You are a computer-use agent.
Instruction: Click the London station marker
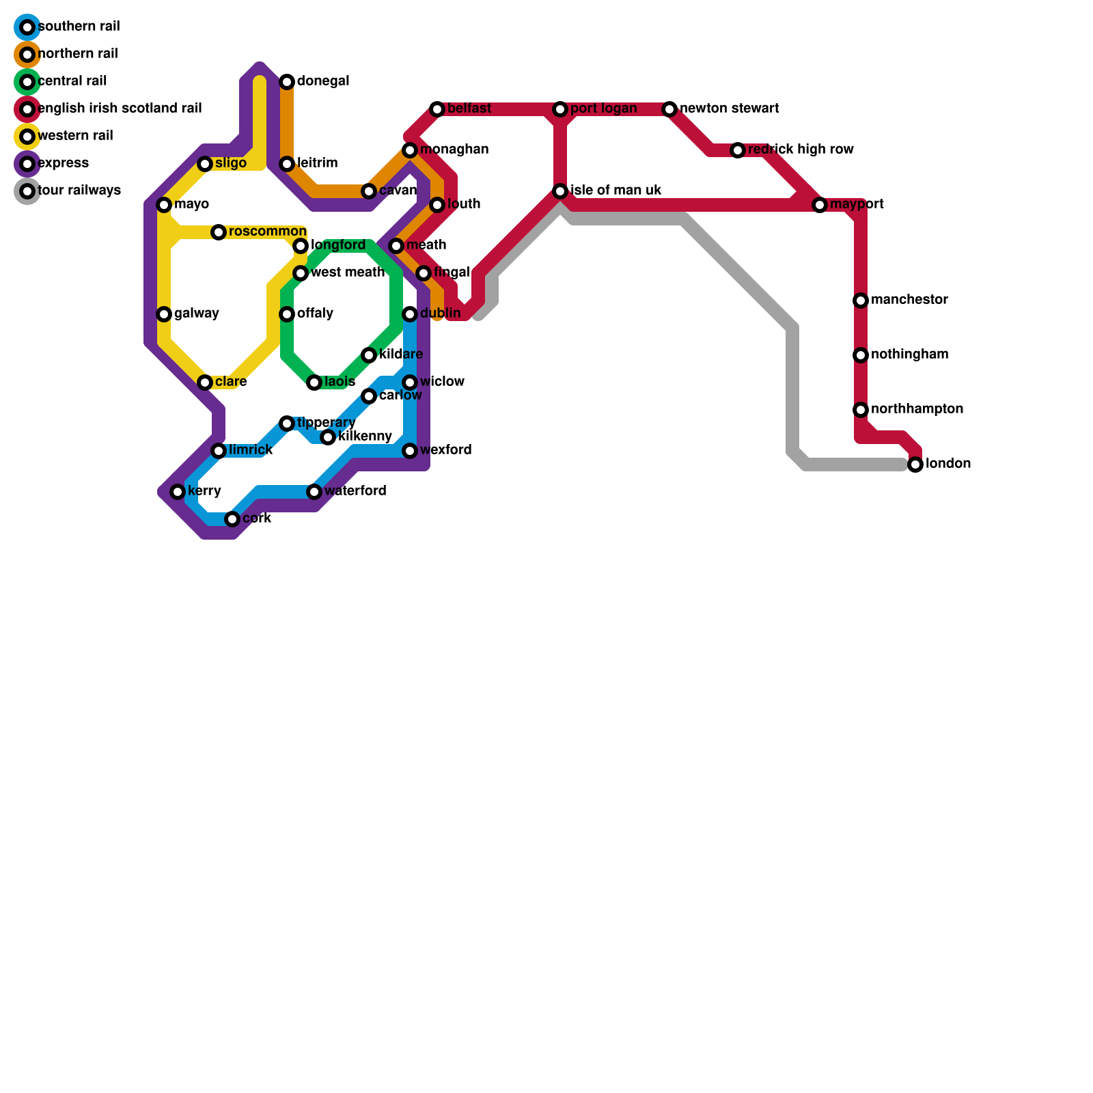pyautogui.click(x=915, y=465)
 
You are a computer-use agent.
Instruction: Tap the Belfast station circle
pyautogui.click(x=437, y=109)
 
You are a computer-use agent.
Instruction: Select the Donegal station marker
pyautogui.click(x=287, y=82)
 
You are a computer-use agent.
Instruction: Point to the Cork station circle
pyautogui.click(x=232, y=519)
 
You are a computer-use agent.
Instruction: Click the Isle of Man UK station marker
pyautogui.click(x=560, y=191)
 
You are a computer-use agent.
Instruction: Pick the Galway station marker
pyautogui.click(x=164, y=314)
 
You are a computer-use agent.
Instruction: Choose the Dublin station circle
pyautogui.click(x=410, y=314)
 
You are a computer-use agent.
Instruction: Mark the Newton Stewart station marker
pyautogui.click(x=669, y=109)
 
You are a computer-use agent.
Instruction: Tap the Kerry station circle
pyautogui.click(x=178, y=492)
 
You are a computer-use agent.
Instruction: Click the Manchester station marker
pyautogui.click(x=861, y=301)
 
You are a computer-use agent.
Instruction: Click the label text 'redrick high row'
pyautogui.click(x=800, y=150)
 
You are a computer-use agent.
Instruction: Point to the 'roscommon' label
pyautogui.click(x=267, y=232)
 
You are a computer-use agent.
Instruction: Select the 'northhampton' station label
pyautogui.click(x=917, y=409)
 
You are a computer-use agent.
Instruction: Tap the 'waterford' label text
pyautogui.click(x=355, y=491)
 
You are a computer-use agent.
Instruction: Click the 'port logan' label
pyautogui.click(x=603, y=109)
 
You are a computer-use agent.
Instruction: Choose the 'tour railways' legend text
pyautogui.click(x=79, y=191)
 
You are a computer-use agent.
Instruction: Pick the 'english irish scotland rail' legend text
pyautogui.click(x=120, y=109)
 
